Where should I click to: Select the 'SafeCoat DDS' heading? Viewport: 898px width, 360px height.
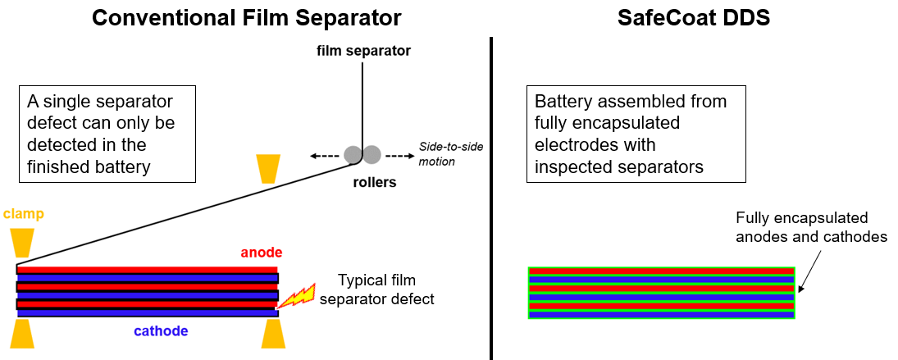694,17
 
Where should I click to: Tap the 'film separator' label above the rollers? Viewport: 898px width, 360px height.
363,51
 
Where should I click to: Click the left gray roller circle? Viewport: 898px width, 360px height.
353,154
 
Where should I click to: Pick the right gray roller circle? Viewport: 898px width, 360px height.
372,154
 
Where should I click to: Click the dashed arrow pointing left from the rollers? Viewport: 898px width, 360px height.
325,154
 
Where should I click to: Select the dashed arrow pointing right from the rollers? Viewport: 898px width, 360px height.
399,154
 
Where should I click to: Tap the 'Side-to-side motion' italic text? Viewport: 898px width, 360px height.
451,153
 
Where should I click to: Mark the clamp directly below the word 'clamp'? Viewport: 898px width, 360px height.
21,242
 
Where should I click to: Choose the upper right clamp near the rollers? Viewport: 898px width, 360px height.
268,168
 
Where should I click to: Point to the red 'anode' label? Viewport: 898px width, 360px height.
261,253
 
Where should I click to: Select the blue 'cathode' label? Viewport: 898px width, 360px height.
161,331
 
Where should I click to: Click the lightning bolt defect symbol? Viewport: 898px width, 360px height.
295,296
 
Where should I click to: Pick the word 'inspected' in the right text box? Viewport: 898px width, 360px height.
570,166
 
